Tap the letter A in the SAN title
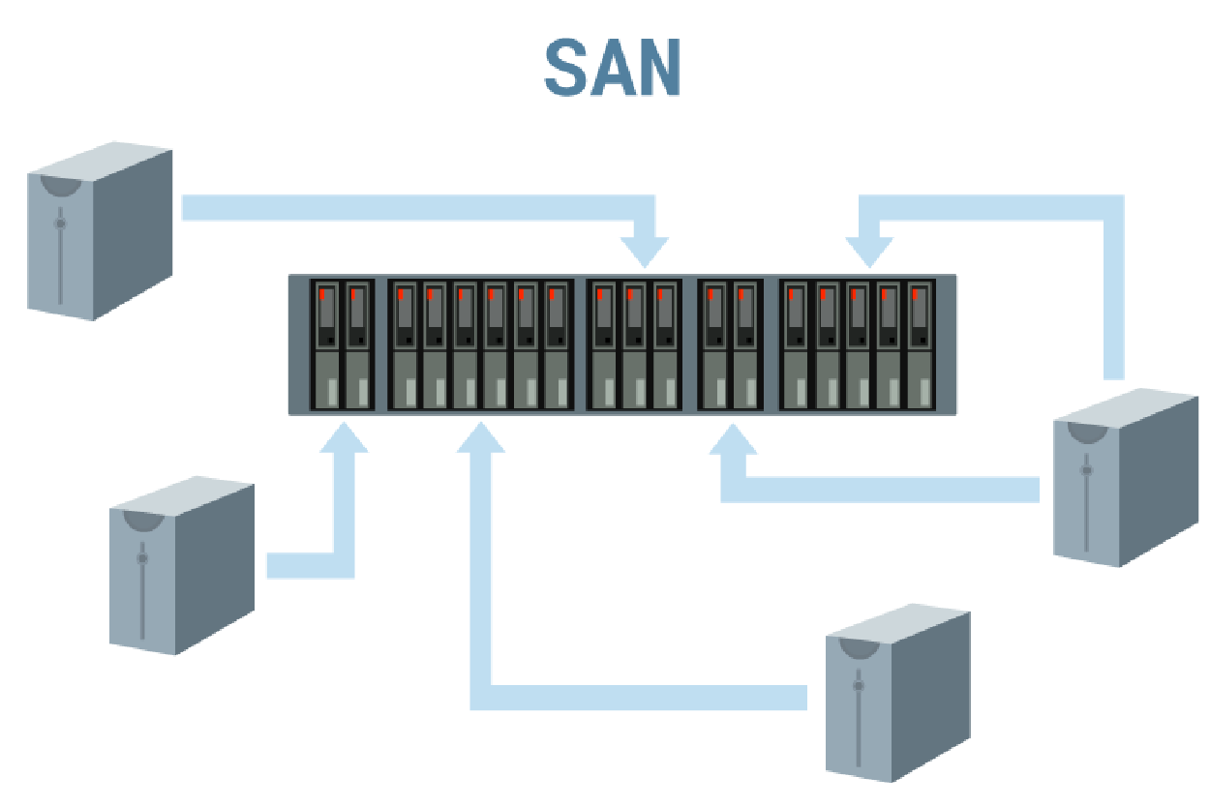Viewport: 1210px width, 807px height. tap(614, 69)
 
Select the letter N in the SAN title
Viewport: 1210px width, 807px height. tap(659, 69)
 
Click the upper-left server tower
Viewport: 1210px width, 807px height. tap(99, 232)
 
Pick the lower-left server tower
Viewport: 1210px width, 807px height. tap(181, 566)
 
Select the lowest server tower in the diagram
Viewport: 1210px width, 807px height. tap(896, 692)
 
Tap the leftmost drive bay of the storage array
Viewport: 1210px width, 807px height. tap(326, 345)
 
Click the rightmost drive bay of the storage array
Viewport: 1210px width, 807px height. tap(921, 345)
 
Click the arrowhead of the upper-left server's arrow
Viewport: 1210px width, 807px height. tap(644, 252)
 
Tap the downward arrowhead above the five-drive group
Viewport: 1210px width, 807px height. tap(868, 253)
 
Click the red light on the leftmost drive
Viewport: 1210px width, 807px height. tap(321, 294)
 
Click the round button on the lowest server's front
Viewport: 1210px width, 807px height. tap(858, 685)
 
